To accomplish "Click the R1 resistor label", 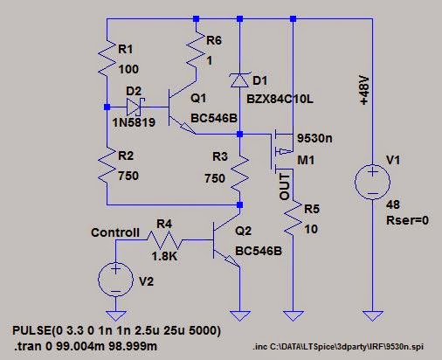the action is pos(126,49).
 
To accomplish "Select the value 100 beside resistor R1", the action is pos(128,69).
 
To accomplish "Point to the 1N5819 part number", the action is pos(134,122).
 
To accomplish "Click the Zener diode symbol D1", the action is pos(239,80).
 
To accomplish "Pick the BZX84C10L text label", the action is pos(280,99).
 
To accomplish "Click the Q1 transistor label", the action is pos(198,98).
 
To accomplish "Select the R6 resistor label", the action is pos(214,40).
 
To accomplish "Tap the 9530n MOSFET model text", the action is pos(314,138).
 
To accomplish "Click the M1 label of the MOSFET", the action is pos(306,160).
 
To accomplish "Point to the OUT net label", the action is pos(285,187).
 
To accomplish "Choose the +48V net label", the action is pos(364,90).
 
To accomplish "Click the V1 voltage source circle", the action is pos(372,182).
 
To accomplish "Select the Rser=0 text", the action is pos(407,220).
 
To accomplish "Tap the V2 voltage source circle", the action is pos(115,279).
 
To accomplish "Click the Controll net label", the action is pos(115,232).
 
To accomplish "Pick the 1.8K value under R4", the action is pos(164,256).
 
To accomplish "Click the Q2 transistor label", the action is pos(243,231).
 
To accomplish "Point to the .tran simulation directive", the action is pos(86,346).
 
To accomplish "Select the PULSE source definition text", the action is pos(116,330).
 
